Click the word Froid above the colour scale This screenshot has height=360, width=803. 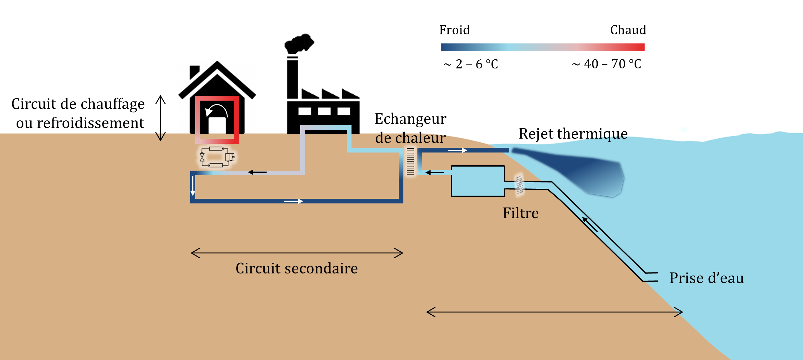pos(454,30)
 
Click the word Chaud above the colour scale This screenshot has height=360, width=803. pos(628,30)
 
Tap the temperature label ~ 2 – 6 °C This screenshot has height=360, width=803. pos(471,64)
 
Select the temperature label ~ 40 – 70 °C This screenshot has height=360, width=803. pos(606,64)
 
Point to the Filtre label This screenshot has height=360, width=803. pos(521,213)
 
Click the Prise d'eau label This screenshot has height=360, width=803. pos(706,278)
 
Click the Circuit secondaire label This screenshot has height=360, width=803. pos(297,268)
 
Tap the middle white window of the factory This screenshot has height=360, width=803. pos(324,111)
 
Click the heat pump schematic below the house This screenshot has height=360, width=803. pos(217,157)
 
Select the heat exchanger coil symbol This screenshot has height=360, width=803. pos(410,161)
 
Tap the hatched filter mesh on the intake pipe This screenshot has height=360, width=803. pos(519,185)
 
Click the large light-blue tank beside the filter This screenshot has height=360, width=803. pos(478,181)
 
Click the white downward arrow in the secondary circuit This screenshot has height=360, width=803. pos(193,186)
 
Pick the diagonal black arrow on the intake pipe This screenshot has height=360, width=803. pos(590,225)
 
